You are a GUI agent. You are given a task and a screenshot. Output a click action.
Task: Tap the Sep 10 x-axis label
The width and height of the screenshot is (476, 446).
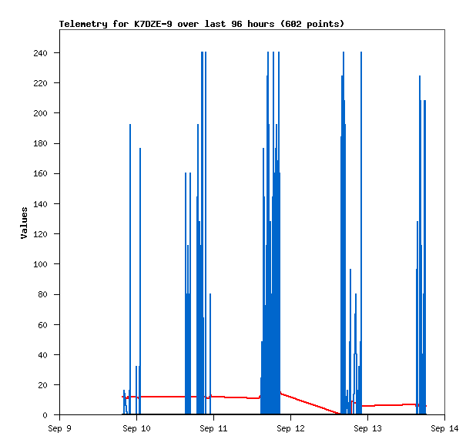click(136, 428)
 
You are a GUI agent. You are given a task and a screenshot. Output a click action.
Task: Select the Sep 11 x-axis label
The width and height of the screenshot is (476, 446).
click(213, 428)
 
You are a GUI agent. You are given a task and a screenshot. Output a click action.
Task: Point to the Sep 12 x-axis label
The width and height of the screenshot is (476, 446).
click(290, 428)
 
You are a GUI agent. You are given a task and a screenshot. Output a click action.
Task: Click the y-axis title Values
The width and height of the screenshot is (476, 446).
click(24, 223)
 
